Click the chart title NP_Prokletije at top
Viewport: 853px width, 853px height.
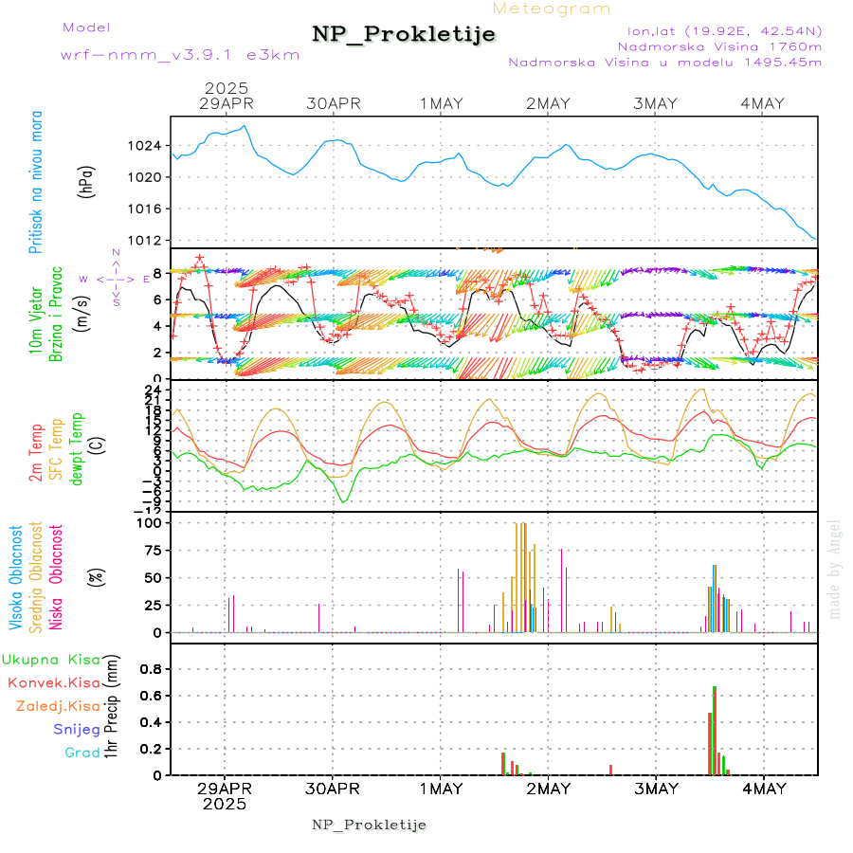(404, 35)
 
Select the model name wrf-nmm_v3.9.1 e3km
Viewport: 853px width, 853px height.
(180, 54)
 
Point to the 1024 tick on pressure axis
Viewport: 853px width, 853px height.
(146, 146)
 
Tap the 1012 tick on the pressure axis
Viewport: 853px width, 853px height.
(146, 240)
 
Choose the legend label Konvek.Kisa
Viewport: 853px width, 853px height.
(54, 682)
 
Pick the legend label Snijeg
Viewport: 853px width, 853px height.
(77, 730)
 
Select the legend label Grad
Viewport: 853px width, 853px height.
(82, 753)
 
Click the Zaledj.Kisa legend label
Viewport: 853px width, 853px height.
(59, 706)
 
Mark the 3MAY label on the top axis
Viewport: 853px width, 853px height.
(656, 104)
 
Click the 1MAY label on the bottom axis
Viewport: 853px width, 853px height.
(441, 789)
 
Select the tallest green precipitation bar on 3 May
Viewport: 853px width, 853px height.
(714, 730)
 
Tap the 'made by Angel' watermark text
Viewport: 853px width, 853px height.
(835, 569)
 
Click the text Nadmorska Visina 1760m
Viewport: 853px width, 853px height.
(719, 45)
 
